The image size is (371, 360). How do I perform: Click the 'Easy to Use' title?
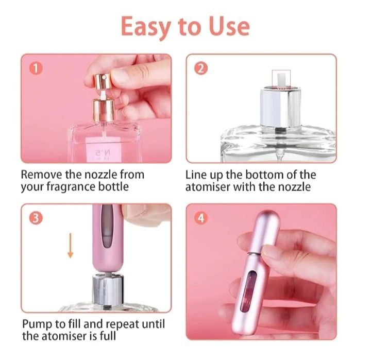tap(185, 26)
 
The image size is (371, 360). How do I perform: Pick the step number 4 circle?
tap(200, 218)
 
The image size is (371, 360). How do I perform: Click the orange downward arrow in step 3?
tap(71, 246)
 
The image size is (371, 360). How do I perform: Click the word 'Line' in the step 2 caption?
tap(196, 175)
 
